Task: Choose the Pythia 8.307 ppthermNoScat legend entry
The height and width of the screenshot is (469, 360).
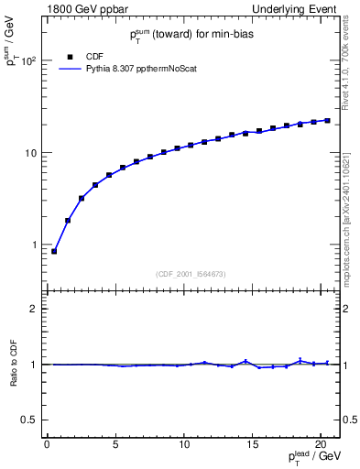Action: (142, 68)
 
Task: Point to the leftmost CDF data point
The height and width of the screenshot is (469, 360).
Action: (54, 251)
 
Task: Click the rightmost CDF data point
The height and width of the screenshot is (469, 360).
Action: (327, 120)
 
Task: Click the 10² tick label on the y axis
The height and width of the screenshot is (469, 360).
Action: (28, 60)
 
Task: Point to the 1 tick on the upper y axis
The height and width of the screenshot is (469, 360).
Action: (37, 245)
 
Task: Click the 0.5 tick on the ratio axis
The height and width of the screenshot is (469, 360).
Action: (32, 420)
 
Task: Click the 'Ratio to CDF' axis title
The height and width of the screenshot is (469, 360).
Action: (14, 364)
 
